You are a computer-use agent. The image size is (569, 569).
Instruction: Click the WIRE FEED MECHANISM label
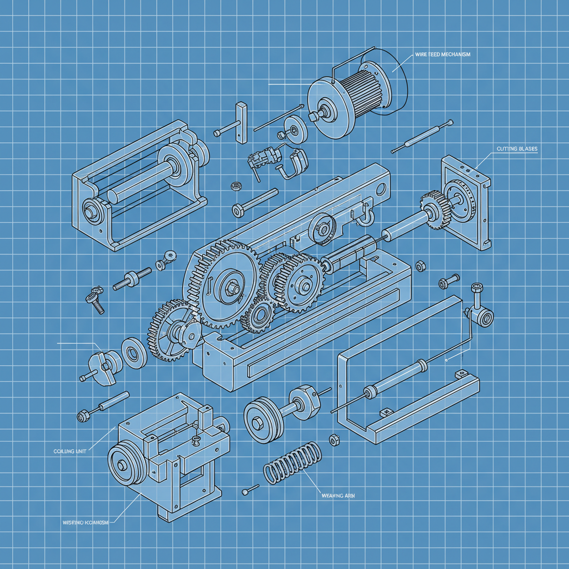pos(442,54)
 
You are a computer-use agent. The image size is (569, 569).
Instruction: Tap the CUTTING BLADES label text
pos(515,149)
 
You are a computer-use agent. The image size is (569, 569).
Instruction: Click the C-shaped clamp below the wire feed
pos(293,163)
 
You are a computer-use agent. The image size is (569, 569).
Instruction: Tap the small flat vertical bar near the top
pos(241,122)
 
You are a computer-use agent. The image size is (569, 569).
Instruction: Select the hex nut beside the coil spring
pos(335,440)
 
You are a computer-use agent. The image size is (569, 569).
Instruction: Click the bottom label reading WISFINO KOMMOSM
pos(83,522)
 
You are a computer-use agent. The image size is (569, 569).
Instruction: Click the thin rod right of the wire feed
pos(422,136)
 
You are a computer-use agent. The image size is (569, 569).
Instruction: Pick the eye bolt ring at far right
pos(486,318)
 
